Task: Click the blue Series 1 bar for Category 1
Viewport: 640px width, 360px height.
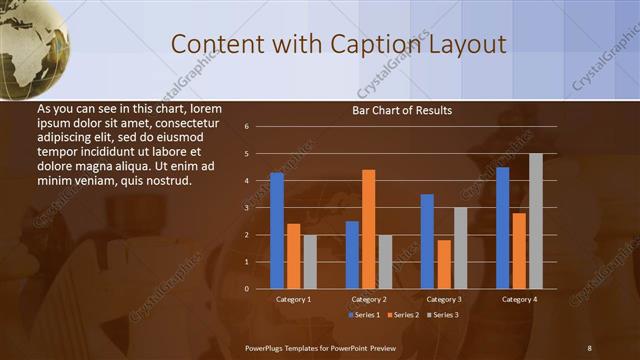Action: tap(277, 230)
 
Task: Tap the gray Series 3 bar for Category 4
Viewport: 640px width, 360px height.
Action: tap(535, 221)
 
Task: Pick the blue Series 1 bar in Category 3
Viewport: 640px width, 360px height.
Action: tap(427, 241)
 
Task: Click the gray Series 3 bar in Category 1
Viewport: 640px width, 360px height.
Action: tap(310, 261)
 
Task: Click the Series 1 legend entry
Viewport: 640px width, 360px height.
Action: tap(364, 315)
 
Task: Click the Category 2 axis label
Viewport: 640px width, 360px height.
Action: tap(368, 299)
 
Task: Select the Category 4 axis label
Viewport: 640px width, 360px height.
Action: tap(518, 299)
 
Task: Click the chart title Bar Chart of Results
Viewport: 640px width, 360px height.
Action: tap(402, 110)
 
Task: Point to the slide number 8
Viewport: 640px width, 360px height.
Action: tap(589, 347)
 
